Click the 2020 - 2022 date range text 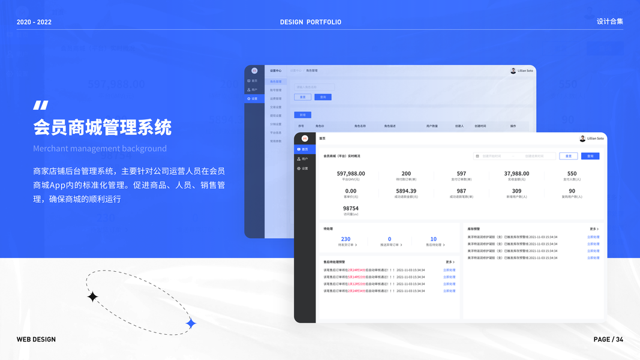click(x=34, y=22)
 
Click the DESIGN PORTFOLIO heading click(x=310, y=22)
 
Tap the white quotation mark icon click(x=40, y=106)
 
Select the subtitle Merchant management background click(x=100, y=148)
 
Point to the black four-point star click(x=92, y=296)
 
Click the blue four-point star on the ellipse click(x=191, y=324)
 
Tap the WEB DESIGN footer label click(x=36, y=340)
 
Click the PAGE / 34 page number click(x=608, y=340)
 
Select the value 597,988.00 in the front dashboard click(x=351, y=173)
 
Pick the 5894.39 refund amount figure click(x=406, y=191)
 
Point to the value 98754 click(x=351, y=208)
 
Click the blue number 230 click(x=345, y=239)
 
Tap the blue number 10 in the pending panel click(x=433, y=239)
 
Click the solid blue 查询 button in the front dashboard click(x=590, y=156)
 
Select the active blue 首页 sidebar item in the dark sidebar click(x=305, y=149)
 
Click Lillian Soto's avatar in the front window click(x=582, y=139)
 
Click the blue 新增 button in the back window click(x=302, y=115)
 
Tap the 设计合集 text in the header click(x=609, y=22)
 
